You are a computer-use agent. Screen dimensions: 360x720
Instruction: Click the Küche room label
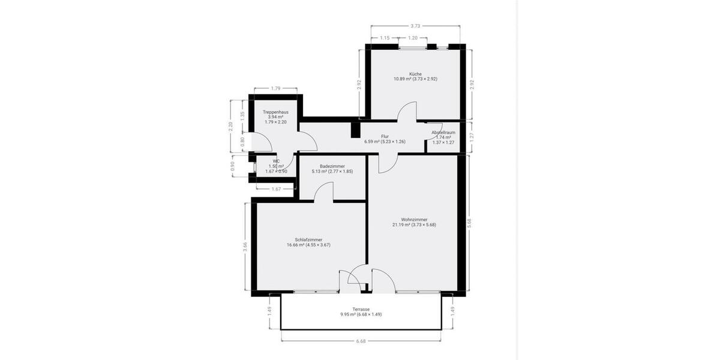(x=415, y=74)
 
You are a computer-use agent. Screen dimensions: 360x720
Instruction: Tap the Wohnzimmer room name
(x=414, y=220)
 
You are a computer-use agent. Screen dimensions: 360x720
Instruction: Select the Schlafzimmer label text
(x=308, y=239)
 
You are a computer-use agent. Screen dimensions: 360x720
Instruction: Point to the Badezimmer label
(x=332, y=166)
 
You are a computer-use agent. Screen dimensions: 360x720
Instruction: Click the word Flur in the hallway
(x=385, y=137)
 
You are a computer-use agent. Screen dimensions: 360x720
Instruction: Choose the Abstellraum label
(x=443, y=132)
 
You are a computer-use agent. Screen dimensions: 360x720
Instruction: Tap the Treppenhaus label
(x=275, y=112)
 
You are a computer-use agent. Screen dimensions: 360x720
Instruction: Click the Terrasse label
(x=361, y=309)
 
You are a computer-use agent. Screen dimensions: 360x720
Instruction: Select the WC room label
(x=276, y=161)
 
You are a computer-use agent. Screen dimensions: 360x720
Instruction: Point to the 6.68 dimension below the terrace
(x=361, y=341)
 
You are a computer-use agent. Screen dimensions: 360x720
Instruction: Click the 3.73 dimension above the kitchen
(x=415, y=26)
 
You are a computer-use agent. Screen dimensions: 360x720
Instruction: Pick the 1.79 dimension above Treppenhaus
(x=275, y=88)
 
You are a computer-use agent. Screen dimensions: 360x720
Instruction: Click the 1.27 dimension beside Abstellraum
(x=471, y=136)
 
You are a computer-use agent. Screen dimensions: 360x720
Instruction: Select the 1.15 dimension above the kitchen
(x=385, y=38)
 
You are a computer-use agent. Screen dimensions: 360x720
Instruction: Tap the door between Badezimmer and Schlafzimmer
(x=324, y=192)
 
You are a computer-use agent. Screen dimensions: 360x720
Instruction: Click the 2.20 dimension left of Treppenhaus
(x=231, y=127)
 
